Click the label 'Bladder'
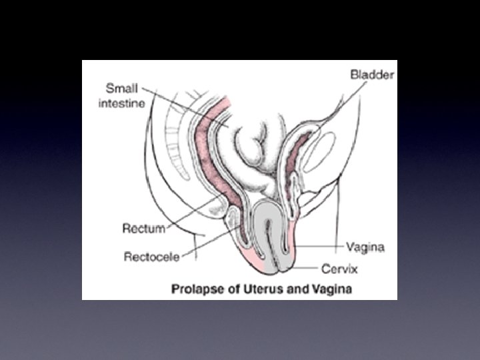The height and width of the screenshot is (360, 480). [373, 74]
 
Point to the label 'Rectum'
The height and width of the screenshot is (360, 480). [143, 229]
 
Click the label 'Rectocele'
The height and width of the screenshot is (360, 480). [153, 256]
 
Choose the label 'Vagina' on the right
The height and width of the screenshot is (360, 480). [365, 247]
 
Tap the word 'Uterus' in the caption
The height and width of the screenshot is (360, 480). [253, 289]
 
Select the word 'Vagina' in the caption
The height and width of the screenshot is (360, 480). [331, 289]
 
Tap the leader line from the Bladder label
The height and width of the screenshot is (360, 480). [333, 107]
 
